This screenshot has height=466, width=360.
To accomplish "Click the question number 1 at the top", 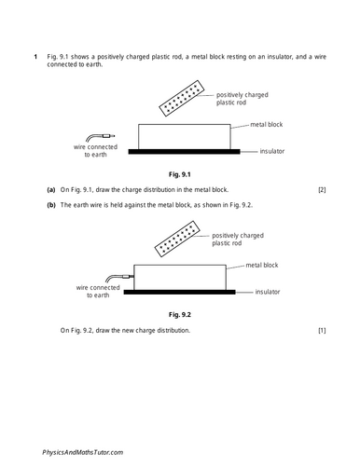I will coord(35,57).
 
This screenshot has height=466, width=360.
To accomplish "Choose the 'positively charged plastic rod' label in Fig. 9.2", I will coord(237,240).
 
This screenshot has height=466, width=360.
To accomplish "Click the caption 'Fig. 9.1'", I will coord(179,174).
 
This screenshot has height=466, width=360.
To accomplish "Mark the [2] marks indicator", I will coord(321,190).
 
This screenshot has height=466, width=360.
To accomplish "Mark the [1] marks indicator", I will coord(321,331).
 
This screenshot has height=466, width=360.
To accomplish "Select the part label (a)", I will coord(51,190).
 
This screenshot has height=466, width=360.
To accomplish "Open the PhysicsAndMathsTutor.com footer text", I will coord(83,451).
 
